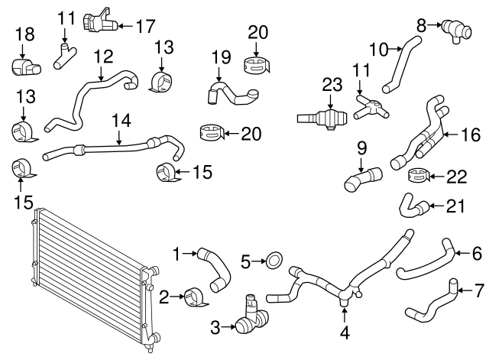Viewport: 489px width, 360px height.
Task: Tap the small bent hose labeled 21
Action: (x=410, y=204)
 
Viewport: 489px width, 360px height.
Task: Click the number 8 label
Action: (x=420, y=25)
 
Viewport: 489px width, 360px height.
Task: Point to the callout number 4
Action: (x=345, y=332)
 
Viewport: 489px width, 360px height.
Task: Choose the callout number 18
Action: (x=24, y=34)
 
